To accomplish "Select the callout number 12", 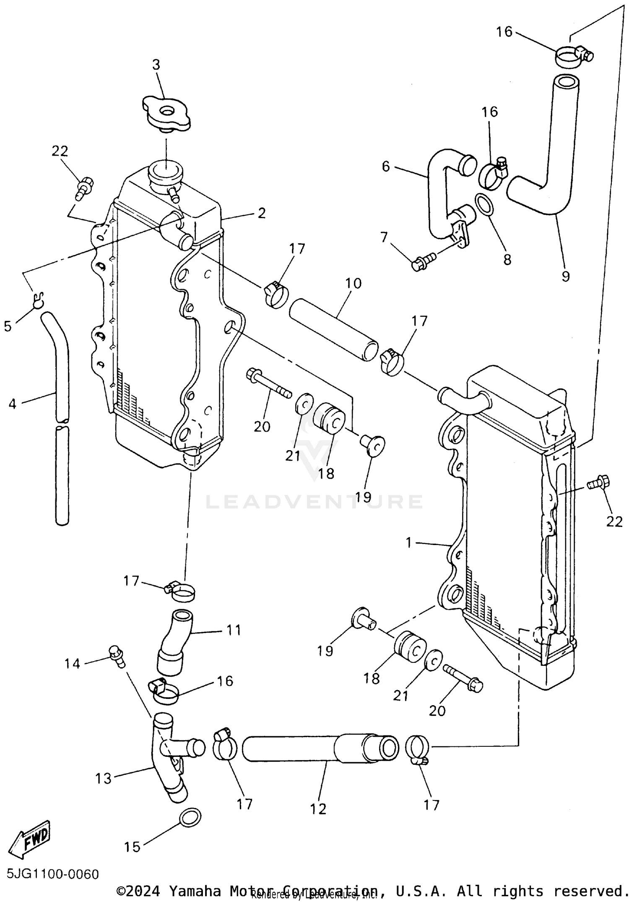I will tap(318, 808).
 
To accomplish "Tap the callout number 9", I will tap(565, 276).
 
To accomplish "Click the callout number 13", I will tap(103, 779).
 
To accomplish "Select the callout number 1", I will tap(409, 542).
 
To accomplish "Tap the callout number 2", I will tap(262, 213).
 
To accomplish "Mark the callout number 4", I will tap(12, 404).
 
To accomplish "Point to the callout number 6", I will tap(386, 167).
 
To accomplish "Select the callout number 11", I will tap(234, 630).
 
